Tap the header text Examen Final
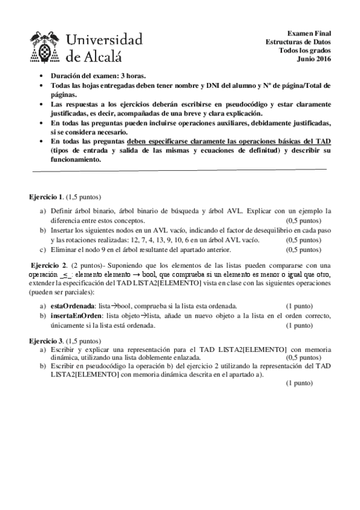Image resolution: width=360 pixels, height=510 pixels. click(310, 33)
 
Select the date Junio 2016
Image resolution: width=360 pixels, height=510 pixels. click(314, 58)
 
